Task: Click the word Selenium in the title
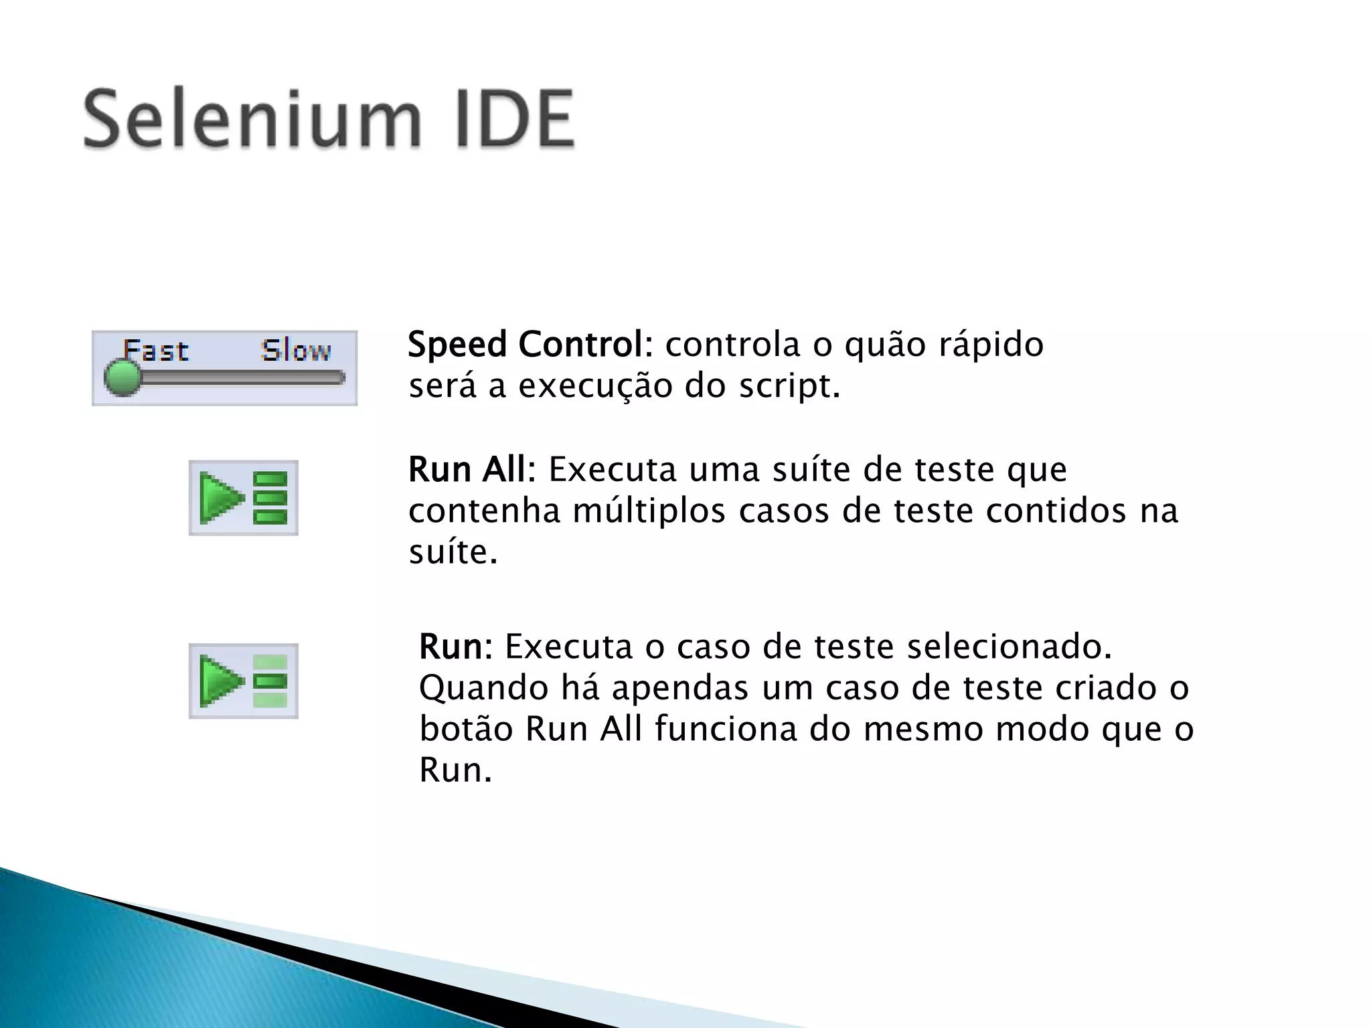click(252, 120)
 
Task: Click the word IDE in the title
click(515, 120)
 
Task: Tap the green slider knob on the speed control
click(123, 377)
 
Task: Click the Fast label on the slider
click(156, 351)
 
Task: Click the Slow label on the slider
click(296, 351)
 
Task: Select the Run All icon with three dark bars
click(244, 498)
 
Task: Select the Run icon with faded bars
click(244, 681)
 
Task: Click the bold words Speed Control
click(526, 345)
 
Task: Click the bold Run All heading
click(467, 470)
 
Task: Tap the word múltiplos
click(649, 511)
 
